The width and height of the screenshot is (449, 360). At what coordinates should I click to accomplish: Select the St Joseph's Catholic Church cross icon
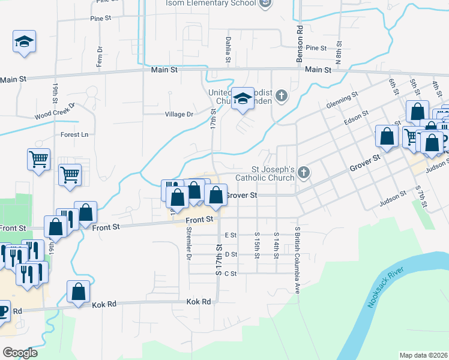(304, 173)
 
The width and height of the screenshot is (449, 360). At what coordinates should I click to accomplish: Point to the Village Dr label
(179, 114)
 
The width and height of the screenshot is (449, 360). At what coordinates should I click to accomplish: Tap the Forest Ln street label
(74, 134)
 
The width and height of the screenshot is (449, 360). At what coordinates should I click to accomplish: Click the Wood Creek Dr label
(54, 112)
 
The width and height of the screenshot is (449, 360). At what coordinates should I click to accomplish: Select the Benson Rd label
(298, 45)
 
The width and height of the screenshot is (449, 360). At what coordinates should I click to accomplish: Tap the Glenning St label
(342, 100)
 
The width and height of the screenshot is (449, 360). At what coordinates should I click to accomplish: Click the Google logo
(20, 353)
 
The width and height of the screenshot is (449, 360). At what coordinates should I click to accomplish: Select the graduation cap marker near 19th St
(24, 42)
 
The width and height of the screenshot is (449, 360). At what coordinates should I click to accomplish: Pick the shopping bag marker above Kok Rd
(79, 292)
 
